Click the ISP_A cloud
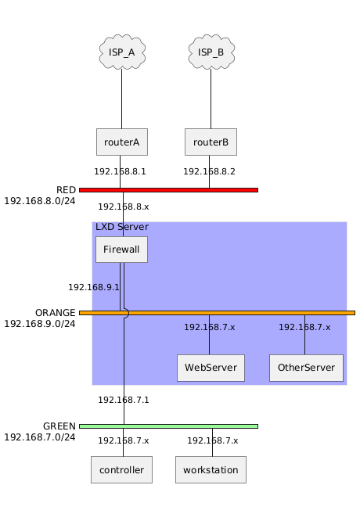click(122, 52)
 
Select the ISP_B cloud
click(211, 52)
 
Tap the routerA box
click(121, 142)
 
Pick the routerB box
click(211, 142)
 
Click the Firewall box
click(121, 250)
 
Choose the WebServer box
click(211, 368)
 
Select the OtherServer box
click(306, 368)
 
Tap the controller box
click(121, 469)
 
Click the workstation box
click(211, 469)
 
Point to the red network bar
click(168, 190)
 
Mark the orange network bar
click(217, 313)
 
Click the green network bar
click(168, 426)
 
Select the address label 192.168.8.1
click(120, 171)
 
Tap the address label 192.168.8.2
click(210, 171)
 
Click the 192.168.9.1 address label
click(94, 287)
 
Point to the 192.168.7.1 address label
click(124, 400)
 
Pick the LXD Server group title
click(122, 227)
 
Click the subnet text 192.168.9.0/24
click(40, 324)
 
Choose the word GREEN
click(59, 426)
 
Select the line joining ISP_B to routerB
click(211, 99)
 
